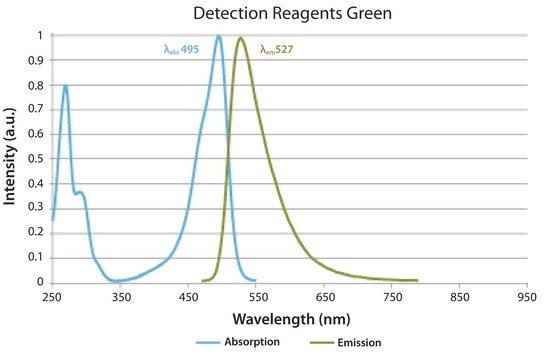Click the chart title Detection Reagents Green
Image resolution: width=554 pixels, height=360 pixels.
click(x=292, y=13)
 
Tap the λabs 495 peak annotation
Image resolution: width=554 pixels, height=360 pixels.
click(x=181, y=49)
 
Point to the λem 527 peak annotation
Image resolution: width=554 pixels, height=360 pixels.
click(x=277, y=49)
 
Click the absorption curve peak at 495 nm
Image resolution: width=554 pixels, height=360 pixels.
click(x=219, y=36)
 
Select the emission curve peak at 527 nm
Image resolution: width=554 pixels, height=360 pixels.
click(x=241, y=37)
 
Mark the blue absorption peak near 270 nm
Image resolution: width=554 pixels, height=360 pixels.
click(x=65, y=86)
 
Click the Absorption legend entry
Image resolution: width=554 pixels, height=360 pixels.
click(x=238, y=342)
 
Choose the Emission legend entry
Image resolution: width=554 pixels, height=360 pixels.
click(x=346, y=343)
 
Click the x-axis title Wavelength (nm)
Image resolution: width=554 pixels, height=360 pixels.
click(x=291, y=319)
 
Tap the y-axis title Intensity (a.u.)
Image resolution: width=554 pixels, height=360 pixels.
click(x=10, y=156)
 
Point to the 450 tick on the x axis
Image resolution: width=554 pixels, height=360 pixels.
click(x=189, y=297)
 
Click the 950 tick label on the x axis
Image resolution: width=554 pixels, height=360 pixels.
click(x=527, y=297)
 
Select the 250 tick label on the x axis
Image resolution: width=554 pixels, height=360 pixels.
click(x=52, y=297)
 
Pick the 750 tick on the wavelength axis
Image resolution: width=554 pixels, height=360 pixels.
click(x=393, y=297)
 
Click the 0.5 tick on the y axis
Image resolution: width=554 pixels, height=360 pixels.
click(x=35, y=159)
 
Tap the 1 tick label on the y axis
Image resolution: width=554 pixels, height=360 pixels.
click(x=40, y=35)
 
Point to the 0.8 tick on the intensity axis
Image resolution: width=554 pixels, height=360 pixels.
click(x=35, y=85)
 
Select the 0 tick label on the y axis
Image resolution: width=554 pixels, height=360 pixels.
click(x=40, y=282)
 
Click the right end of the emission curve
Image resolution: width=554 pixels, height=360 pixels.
click(x=418, y=281)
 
